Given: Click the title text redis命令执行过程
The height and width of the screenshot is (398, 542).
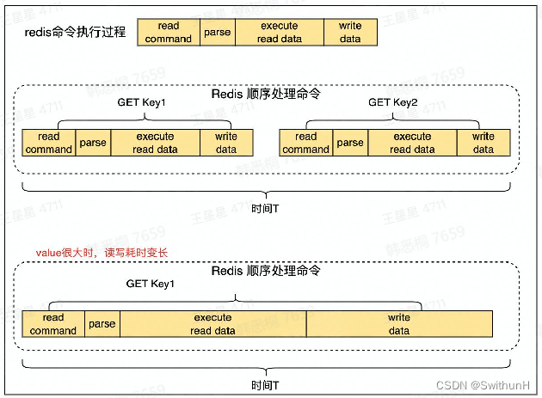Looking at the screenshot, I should pyautogui.click(x=77, y=33).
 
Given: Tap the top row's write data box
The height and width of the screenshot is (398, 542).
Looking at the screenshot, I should pyautogui.click(x=350, y=33).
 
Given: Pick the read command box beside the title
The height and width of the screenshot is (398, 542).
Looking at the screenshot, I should pyautogui.click(x=169, y=33).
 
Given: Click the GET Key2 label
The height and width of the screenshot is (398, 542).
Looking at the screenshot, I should pyautogui.click(x=392, y=102).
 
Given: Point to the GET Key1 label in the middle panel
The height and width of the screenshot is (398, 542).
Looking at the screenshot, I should pyautogui.click(x=141, y=102).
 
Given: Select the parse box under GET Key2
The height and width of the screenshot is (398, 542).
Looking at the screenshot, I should pyautogui.click(x=350, y=143).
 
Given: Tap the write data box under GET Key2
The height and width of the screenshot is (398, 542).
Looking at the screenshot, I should pyautogui.click(x=483, y=143).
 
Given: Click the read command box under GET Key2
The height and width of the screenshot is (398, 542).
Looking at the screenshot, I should pyautogui.click(x=305, y=143).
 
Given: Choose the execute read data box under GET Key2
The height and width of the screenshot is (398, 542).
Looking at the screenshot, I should pyautogui.click(x=412, y=143).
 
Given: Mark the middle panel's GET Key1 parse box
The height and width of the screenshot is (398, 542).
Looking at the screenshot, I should pyautogui.click(x=93, y=143).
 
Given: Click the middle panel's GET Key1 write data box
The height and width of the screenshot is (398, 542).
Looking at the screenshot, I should pyautogui.click(x=226, y=143).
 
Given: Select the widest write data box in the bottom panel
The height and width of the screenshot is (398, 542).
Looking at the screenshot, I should pyautogui.click(x=399, y=324).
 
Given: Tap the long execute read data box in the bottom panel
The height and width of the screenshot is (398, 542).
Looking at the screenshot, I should pyautogui.click(x=212, y=324).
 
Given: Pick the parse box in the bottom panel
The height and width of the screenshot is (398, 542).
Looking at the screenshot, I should pyautogui.click(x=102, y=324).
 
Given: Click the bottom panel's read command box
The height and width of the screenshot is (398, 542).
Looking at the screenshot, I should pyautogui.click(x=53, y=324).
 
